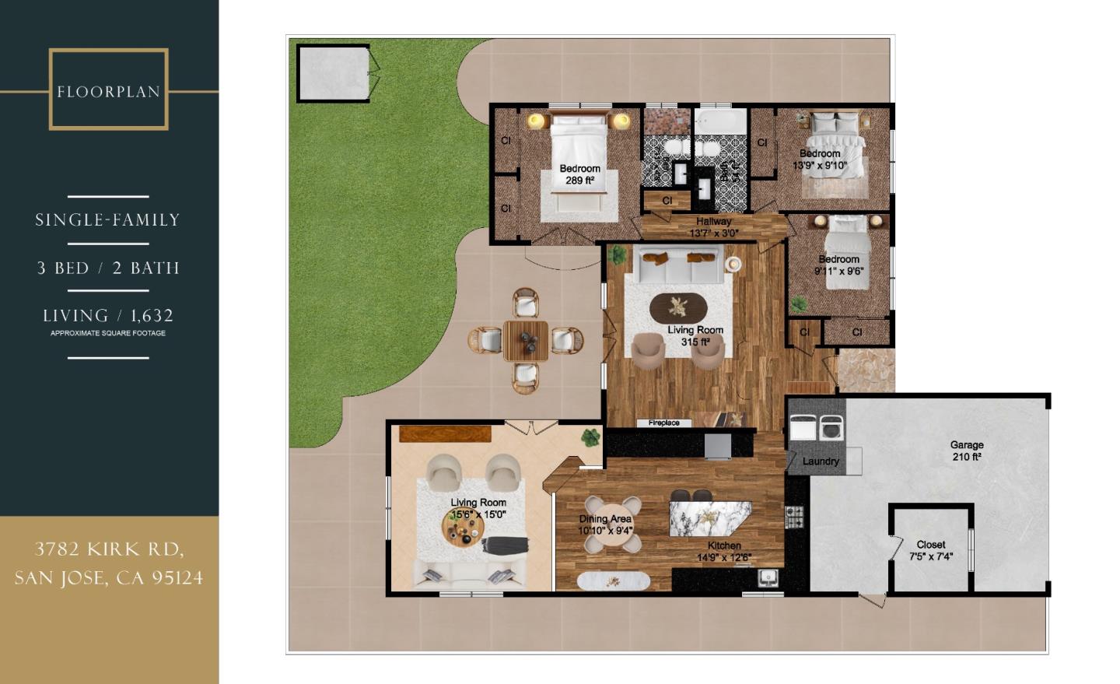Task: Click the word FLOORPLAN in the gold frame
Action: (x=108, y=92)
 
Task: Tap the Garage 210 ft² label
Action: (x=967, y=451)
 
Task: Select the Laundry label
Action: (x=821, y=461)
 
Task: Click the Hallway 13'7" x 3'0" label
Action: (x=713, y=227)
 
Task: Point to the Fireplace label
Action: (x=663, y=423)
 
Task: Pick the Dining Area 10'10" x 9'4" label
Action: (x=605, y=525)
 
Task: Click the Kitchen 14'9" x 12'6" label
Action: (x=724, y=552)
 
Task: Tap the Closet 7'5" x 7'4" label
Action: (x=930, y=551)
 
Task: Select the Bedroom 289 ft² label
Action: (x=579, y=174)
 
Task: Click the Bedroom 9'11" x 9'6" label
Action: (x=838, y=265)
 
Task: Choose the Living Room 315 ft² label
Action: (x=695, y=336)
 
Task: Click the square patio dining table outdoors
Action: (x=526, y=340)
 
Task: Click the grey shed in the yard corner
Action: (x=333, y=73)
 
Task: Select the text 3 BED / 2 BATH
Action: (x=108, y=268)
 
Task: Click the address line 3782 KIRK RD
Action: (x=109, y=549)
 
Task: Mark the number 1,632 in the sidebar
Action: (x=152, y=316)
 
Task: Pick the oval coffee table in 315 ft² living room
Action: (x=679, y=307)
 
